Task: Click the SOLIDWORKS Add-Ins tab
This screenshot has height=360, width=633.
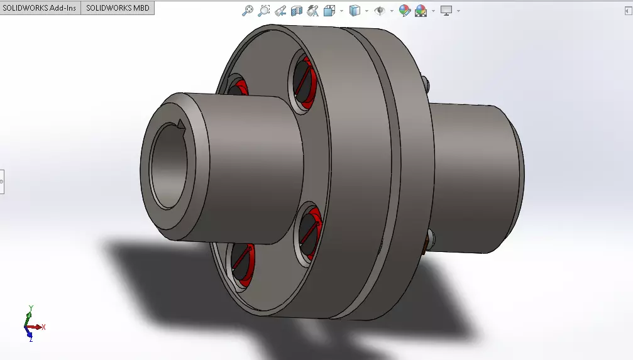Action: pos(40,8)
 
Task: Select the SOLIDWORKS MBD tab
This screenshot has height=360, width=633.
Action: pos(118,8)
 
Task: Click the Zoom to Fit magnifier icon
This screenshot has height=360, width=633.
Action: pos(248,11)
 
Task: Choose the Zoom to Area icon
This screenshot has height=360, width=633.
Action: pos(264,11)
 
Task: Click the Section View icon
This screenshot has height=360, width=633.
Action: pos(297,11)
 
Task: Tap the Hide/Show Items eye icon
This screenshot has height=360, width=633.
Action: pos(379,11)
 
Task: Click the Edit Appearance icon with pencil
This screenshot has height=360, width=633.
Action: pos(404,11)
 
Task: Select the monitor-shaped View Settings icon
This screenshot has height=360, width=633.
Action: pos(446,11)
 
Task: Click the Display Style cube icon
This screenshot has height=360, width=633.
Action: pos(355,11)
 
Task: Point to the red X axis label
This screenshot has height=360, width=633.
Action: pos(43,327)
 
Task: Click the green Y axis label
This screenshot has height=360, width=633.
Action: pos(30,308)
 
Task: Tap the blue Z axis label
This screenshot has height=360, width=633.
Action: pos(30,339)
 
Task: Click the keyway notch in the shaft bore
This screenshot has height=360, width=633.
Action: pos(181,124)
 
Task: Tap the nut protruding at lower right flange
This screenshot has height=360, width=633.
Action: pos(429,242)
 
